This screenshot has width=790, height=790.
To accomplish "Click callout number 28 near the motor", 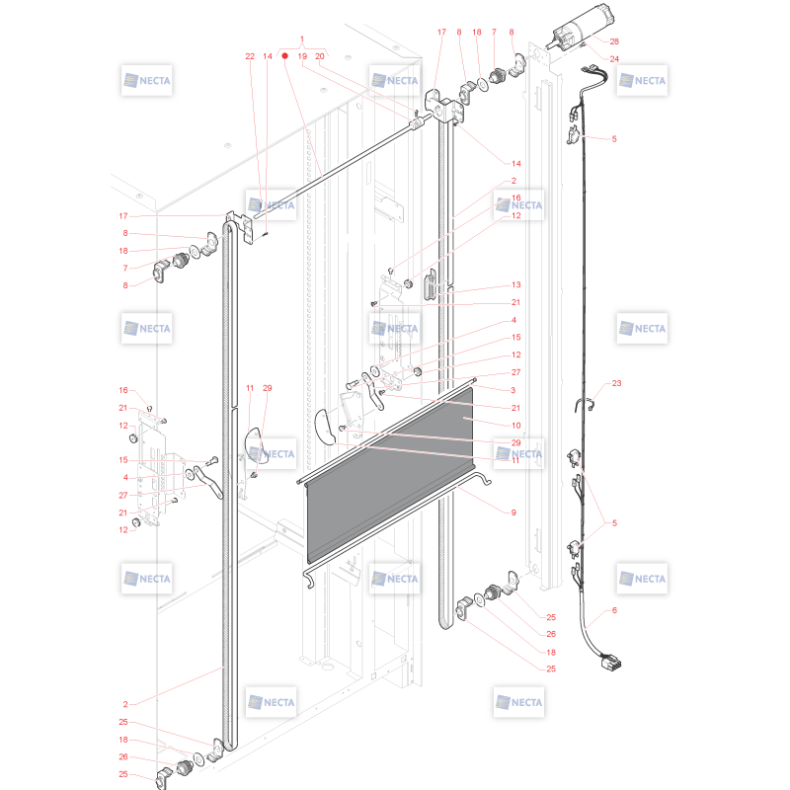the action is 614,41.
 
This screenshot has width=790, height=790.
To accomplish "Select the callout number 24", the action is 614,59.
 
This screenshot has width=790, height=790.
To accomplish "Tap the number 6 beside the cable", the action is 614,610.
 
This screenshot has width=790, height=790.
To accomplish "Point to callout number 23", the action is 616,383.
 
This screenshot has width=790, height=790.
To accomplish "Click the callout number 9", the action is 513,513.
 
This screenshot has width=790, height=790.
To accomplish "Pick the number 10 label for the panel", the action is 515,426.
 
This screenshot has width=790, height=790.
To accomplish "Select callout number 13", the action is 515,284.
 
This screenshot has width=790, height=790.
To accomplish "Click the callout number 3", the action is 513,390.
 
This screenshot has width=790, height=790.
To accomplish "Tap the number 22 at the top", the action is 250,56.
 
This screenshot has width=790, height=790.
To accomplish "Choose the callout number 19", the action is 302,56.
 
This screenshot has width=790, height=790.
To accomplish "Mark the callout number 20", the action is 320,56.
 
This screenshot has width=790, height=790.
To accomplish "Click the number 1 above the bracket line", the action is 302,39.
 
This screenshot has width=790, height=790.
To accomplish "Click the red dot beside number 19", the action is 284,56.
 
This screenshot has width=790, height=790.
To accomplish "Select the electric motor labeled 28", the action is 582,27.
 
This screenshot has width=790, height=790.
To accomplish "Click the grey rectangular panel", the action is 390,475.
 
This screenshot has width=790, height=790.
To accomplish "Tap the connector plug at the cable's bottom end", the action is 611,661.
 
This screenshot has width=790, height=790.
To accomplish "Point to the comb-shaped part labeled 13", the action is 432,285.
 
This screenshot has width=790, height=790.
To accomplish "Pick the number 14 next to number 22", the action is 268,56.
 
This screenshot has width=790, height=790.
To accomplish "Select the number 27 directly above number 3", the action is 515,372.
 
